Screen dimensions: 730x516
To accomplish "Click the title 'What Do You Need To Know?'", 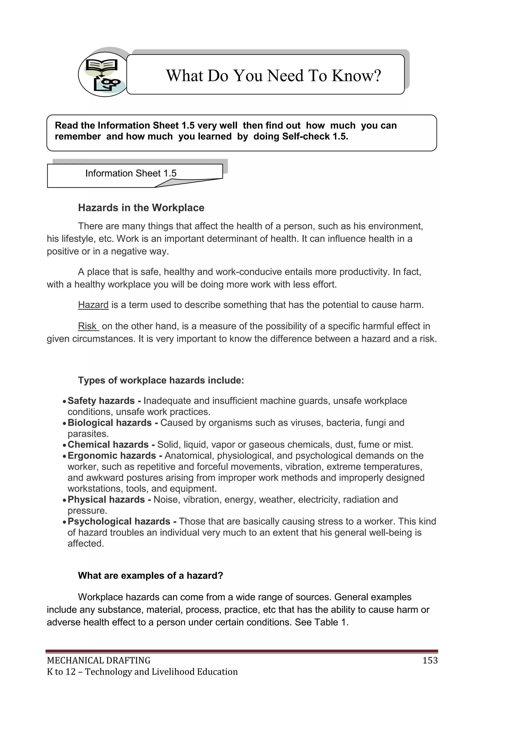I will (x=273, y=76).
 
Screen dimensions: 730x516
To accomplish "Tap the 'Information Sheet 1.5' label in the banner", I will (x=131, y=173).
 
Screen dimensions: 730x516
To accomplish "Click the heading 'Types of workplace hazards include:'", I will (x=161, y=380).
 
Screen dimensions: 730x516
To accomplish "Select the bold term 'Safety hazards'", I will (x=101, y=401).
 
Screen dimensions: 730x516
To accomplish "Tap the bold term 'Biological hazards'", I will (x=110, y=423).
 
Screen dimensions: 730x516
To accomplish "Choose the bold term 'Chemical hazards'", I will (x=108, y=445).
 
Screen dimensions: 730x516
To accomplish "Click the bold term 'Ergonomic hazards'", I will (x=112, y=456).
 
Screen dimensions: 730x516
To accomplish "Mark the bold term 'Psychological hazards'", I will (x=119, y=521).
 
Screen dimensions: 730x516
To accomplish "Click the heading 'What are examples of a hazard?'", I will (x=150, y=575).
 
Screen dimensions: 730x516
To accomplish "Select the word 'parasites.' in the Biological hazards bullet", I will (x=88, y=434).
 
